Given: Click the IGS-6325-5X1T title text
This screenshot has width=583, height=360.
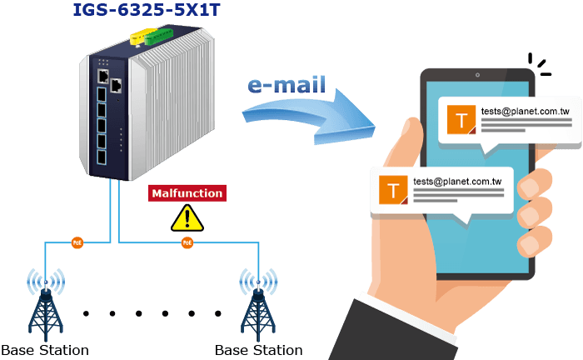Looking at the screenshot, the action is [x=147, y=10].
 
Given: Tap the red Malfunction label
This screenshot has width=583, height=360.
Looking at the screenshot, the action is [x=187, y=193].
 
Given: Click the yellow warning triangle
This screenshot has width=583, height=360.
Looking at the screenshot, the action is [x=187, y=218].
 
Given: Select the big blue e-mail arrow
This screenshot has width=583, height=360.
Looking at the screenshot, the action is [x=309, y=116].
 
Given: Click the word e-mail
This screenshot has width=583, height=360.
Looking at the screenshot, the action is [x=287, y=85].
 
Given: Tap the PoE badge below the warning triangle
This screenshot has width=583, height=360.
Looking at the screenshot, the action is [x=187, y=242].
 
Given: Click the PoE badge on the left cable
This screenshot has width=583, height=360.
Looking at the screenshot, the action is [x=77, y=242].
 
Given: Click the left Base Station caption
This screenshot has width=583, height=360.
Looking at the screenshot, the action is [x=45, y=350].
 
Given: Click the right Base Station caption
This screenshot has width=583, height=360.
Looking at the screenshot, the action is [x=259, y=350].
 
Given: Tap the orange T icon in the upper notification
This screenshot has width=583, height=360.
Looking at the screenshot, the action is [x=461, y=119].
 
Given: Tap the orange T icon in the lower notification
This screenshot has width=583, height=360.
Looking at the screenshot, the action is [x=393, y=190].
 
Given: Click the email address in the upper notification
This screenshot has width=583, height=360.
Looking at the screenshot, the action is [x=526, y=111].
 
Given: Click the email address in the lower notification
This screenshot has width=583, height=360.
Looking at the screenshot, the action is [x=457, y=182].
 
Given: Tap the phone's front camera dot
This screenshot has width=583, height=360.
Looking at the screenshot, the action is [x=477, y=75].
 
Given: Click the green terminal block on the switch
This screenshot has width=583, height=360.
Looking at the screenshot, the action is [x=159, y=37].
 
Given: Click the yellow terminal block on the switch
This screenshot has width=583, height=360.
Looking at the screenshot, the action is [x=141, y=36].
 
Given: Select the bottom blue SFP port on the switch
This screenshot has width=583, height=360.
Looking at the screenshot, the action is [x=101, y=157].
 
